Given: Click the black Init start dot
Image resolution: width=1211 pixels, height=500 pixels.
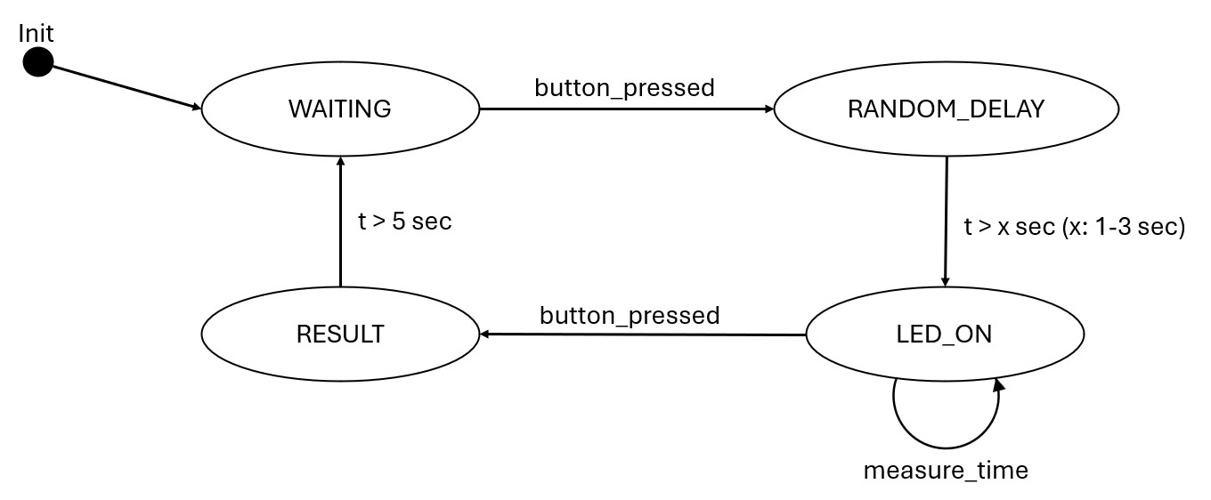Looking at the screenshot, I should coord(37,62).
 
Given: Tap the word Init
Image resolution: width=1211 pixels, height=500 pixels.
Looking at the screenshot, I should coord(37,34).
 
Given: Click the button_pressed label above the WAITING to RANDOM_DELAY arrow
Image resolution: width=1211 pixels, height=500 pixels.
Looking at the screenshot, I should coord(624,88).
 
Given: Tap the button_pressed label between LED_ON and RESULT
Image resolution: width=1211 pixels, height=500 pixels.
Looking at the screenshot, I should coord(629,316).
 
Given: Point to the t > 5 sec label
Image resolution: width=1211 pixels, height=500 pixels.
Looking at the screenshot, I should coord(405,222).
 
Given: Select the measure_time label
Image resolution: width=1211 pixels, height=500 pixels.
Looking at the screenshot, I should coord(946,470).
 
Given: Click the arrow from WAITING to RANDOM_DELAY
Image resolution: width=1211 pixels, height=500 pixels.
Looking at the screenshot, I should coord(623,109).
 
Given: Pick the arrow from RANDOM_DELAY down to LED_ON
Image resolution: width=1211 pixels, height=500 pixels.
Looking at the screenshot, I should coord(946,222).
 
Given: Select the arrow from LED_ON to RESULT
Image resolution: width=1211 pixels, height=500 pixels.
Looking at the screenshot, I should coord(641,335).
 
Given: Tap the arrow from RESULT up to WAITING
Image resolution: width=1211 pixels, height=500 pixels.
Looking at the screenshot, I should coord(340,222).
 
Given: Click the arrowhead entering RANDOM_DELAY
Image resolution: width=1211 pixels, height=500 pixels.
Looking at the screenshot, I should coord(768,109).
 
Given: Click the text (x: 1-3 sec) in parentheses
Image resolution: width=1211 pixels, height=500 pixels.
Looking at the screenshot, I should coord(1125,227).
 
